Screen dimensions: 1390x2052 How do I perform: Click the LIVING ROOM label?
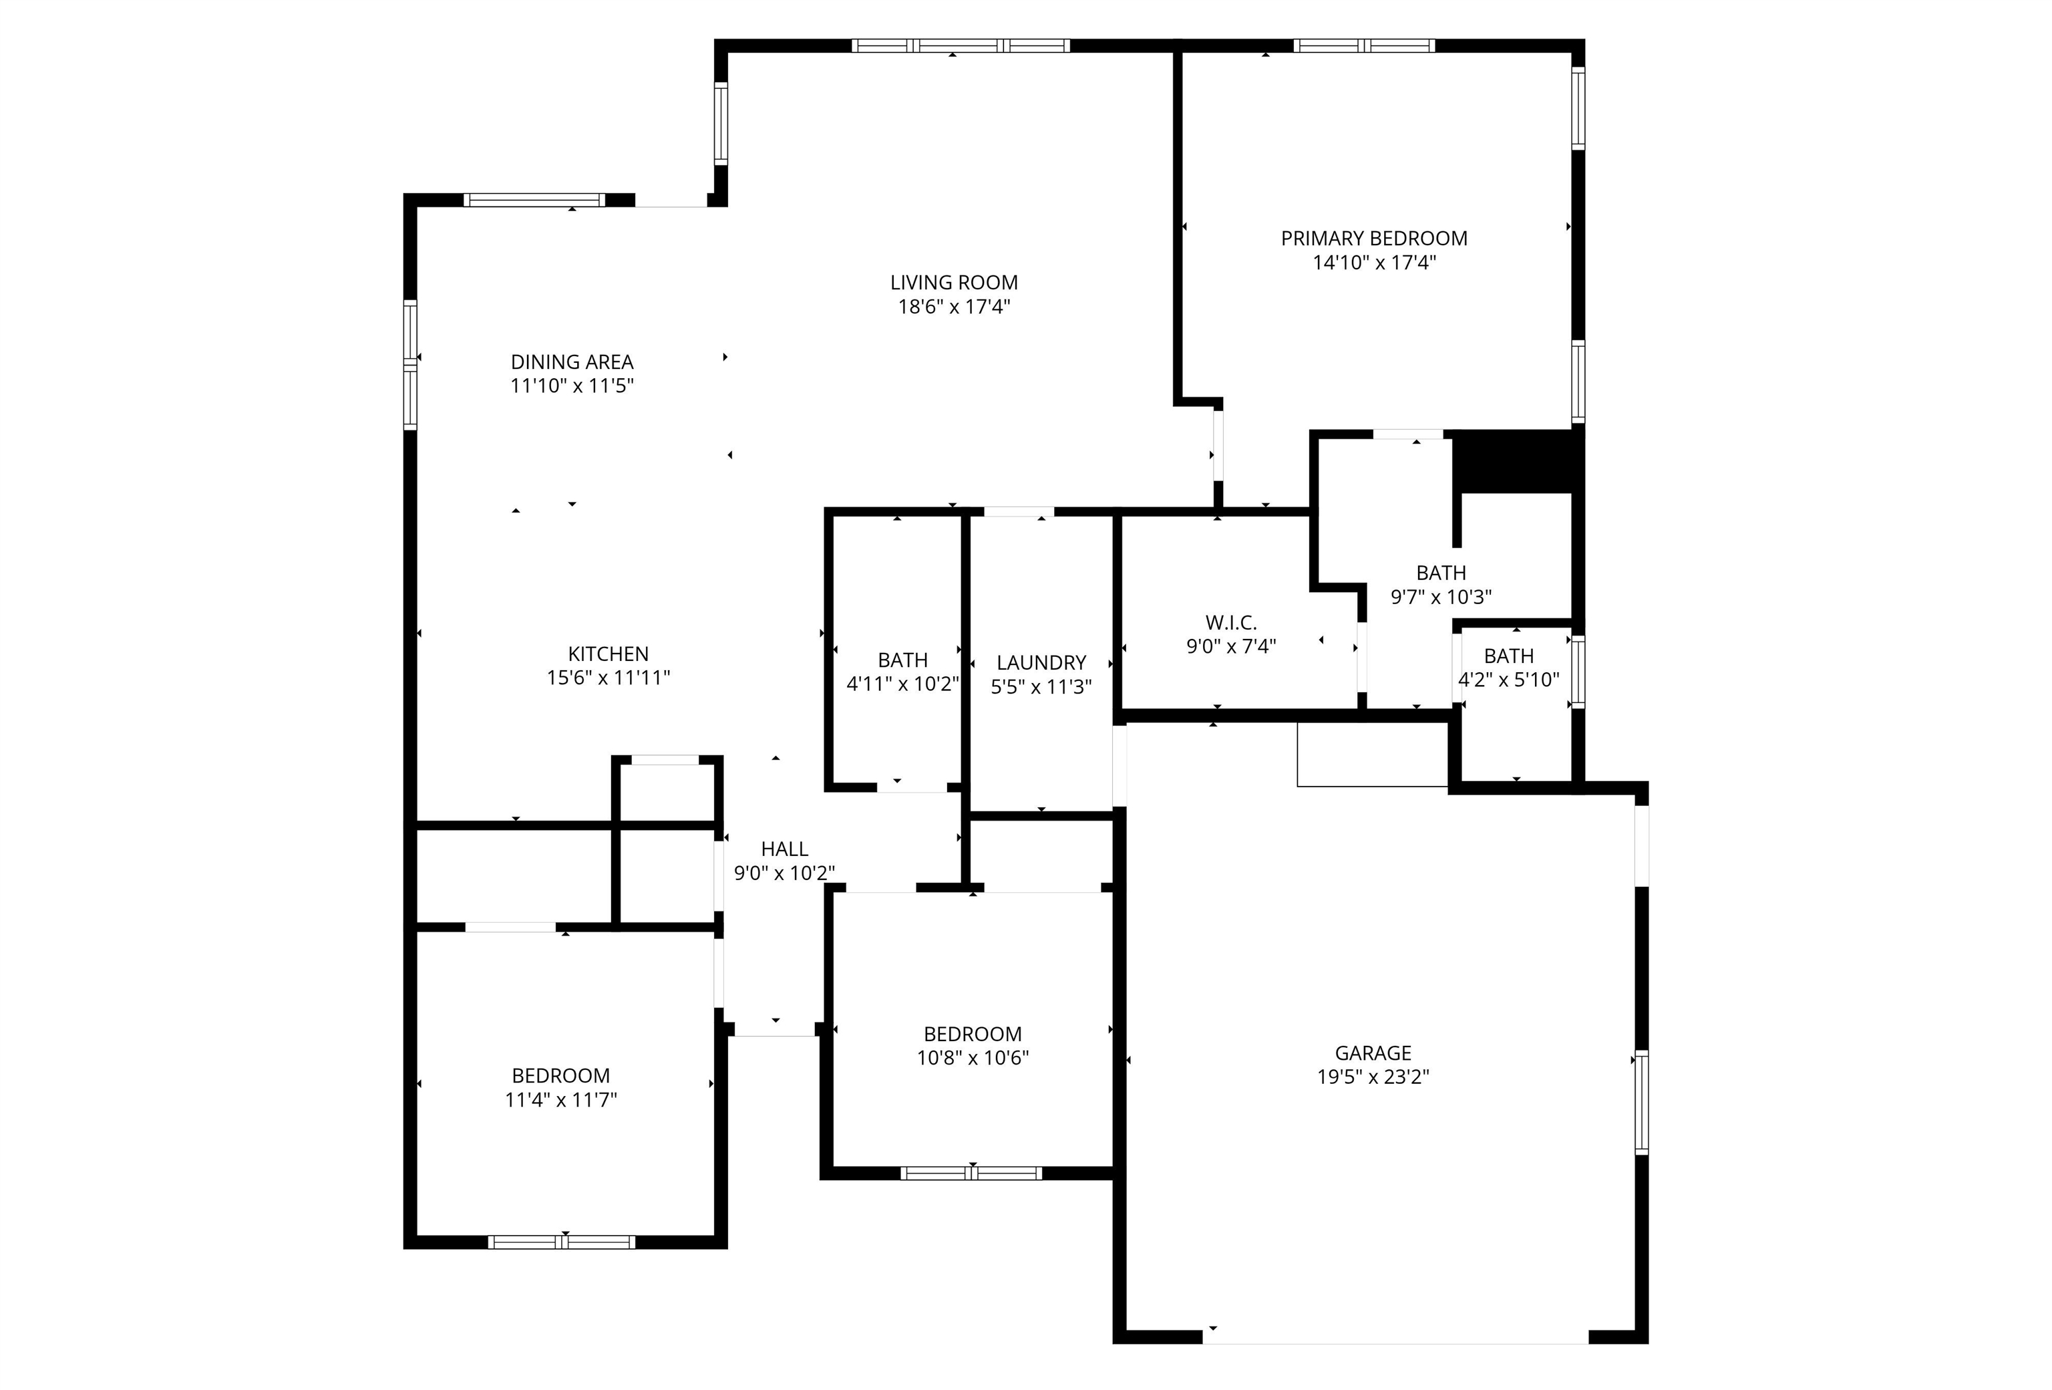954,283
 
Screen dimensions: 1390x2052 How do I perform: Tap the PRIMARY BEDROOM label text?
1374,239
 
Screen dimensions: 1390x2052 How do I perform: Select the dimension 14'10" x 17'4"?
1374,262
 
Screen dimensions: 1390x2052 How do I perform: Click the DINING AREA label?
572,362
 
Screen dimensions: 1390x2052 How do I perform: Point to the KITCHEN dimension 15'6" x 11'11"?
609,678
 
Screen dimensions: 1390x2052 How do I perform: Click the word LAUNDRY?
1041,663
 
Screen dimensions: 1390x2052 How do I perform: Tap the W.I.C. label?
1231,623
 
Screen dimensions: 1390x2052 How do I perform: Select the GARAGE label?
1373,1053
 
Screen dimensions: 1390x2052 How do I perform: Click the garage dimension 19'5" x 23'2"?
1373,1077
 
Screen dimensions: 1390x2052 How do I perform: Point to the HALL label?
784,849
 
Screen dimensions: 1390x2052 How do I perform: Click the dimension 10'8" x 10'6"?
972,1057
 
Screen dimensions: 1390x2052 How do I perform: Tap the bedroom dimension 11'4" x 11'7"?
560,1099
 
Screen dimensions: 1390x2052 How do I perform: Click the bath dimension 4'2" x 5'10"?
1508,680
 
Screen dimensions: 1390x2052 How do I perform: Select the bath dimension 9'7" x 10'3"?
1441,597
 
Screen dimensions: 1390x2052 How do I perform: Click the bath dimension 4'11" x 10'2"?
902,684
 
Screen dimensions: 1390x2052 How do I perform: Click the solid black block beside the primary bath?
1514,462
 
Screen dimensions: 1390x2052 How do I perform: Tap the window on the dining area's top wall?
534,200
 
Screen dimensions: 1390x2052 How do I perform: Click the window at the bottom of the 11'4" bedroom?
562,1242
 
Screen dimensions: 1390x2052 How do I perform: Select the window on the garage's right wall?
1641,1101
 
